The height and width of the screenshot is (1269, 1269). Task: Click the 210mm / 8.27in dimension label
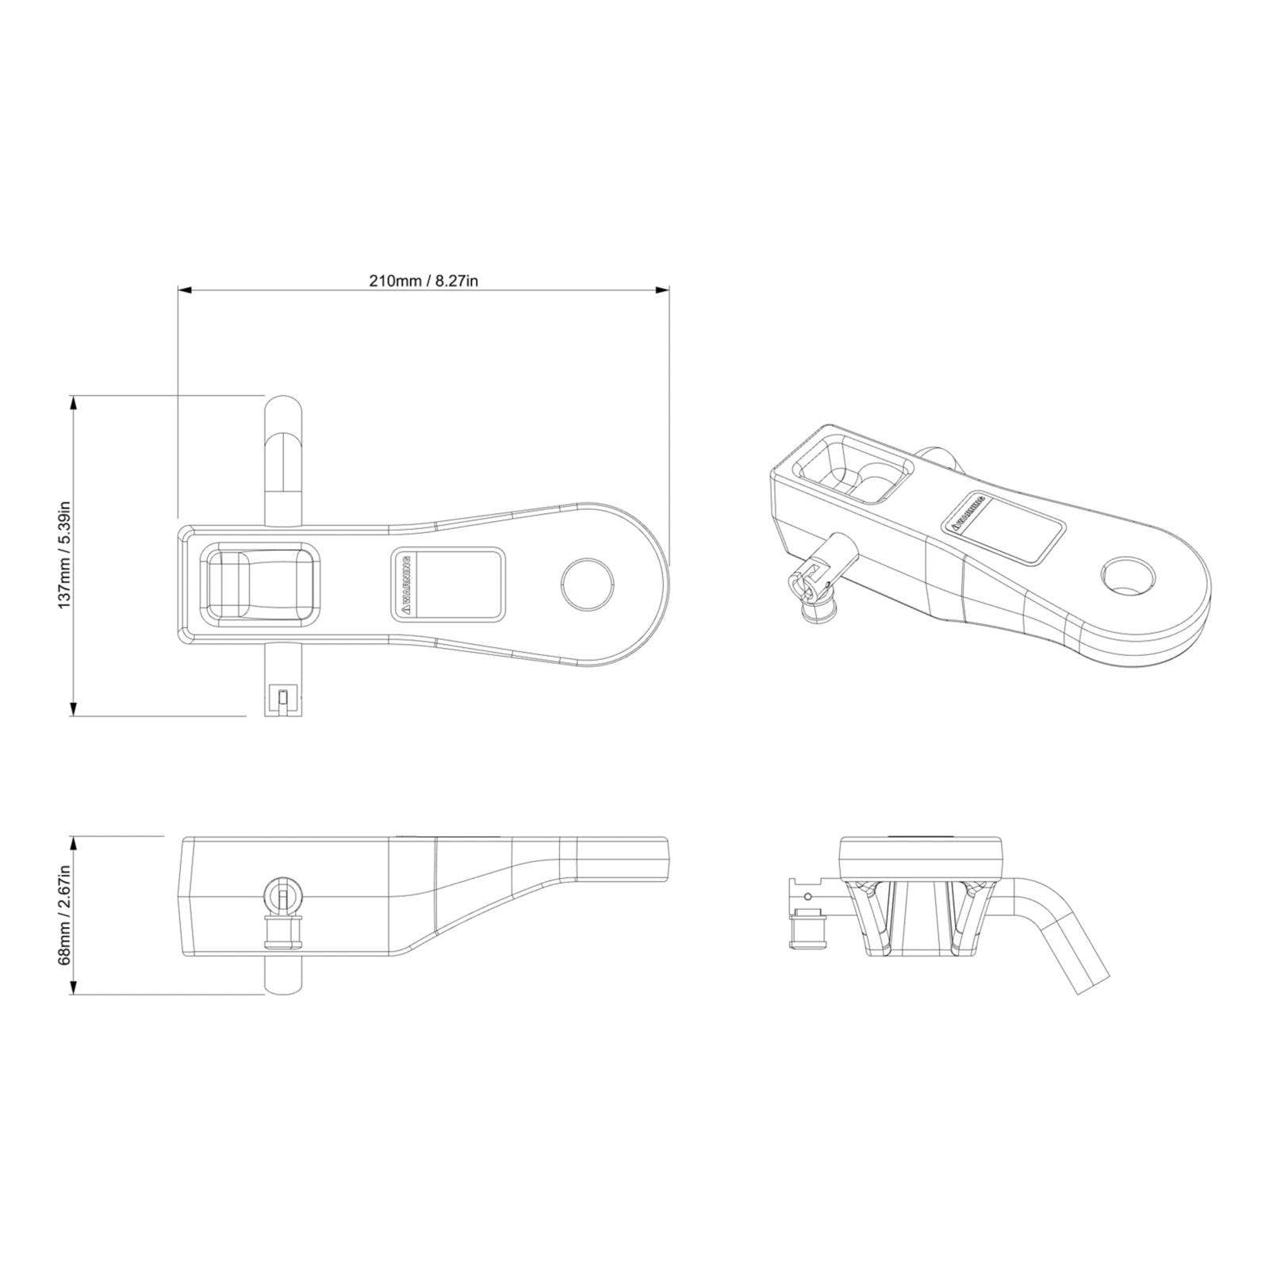424,281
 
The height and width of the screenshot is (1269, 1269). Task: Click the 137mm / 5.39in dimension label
65,554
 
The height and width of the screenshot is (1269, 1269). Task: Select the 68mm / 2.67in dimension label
65,914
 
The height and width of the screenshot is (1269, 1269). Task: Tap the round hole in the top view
588,585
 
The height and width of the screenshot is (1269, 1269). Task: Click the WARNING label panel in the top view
449,585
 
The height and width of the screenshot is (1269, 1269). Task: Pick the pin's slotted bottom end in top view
283,698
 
